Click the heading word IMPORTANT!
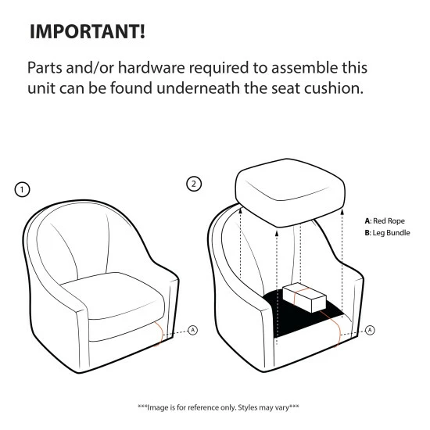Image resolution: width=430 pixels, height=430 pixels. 88,31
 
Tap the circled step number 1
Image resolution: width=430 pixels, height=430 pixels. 22,189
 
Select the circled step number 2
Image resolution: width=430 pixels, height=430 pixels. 194,184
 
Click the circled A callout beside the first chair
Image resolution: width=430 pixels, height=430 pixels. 193,330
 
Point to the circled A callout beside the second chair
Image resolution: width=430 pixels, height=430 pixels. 370,330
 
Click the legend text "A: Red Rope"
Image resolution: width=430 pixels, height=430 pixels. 385,221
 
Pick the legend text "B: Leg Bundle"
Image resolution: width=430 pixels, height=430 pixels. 387,233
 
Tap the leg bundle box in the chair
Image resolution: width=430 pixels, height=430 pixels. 304,298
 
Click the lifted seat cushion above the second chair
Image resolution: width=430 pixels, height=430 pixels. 290,192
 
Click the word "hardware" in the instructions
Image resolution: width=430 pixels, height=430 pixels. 152,68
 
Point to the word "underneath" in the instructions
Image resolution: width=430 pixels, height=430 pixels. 198,88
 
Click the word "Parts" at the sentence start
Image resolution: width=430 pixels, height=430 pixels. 45,68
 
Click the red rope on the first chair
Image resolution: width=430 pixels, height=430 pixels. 159,334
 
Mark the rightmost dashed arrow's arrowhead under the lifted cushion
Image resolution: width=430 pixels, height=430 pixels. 342,212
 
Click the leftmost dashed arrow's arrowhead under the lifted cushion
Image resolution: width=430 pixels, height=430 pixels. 241,210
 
